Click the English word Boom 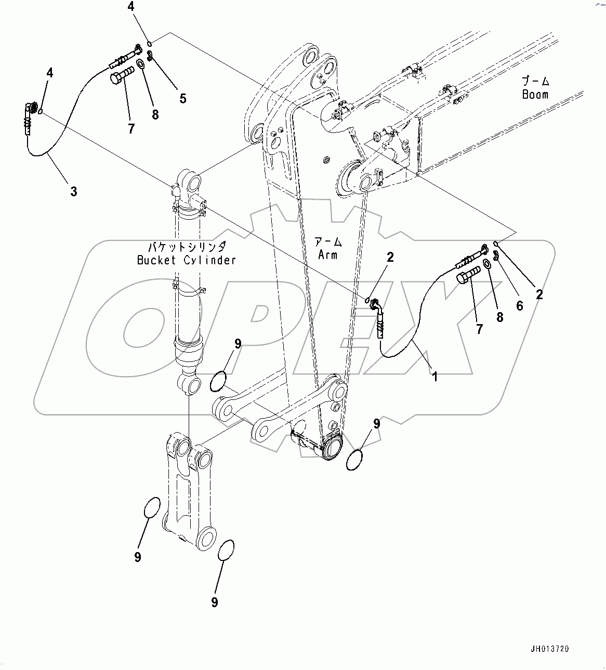pyautogui.click(x=535, y=95)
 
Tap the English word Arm pyautogui.click(x=328, y=254)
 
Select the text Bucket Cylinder pyautogui.click(x=186, y=260)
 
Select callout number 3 pyautogui.click(x=74, y=191)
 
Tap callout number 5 pyautogui.click(x=182, y=98)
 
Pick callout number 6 pyautogui.click(x=519, y=306)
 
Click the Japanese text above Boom pyautogui.click(x=535, y=82)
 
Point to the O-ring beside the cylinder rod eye pyautogui.click(x=218, y=381)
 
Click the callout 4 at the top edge pyautogui.click(x=131, y=7)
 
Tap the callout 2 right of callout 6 pyautogui.click(x=539, y=294)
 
